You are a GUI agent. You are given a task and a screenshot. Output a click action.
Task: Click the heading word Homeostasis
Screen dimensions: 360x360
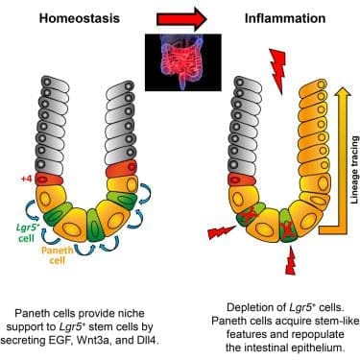80,18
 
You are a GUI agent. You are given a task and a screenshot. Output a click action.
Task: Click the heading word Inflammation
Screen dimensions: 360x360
285,18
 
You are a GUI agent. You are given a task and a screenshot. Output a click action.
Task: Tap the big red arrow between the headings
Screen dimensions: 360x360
181,19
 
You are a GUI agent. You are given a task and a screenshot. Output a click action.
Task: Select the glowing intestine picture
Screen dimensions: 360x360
183,62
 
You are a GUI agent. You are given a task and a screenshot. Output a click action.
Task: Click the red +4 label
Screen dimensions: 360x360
26,179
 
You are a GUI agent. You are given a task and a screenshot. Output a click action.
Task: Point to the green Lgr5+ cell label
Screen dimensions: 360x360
26,232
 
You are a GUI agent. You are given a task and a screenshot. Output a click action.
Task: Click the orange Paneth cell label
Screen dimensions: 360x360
58,254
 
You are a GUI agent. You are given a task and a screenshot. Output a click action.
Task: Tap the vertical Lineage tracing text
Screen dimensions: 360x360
354,170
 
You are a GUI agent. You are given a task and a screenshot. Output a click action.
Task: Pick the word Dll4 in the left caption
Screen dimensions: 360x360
148,341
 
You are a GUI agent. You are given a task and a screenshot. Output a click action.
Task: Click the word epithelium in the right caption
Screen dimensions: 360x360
320,348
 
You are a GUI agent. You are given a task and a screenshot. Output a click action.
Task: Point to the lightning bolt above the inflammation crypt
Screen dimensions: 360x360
277,71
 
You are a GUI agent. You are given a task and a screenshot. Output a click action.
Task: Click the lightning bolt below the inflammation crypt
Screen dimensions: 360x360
291,261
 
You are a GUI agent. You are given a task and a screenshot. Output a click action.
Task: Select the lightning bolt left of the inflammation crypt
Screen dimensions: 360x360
222,231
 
